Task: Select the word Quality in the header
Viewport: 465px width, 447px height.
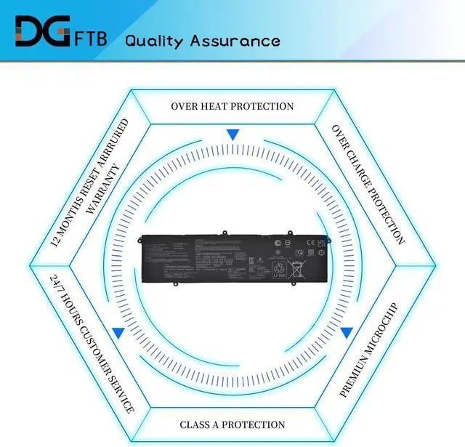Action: click(x=154, y=40)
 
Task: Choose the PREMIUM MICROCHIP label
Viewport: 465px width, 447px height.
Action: click(x=369, y=349)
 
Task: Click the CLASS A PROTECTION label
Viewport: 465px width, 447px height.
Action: click(x=232, y=424)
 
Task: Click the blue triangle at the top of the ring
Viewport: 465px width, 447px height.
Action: click(x=232, y=134)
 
